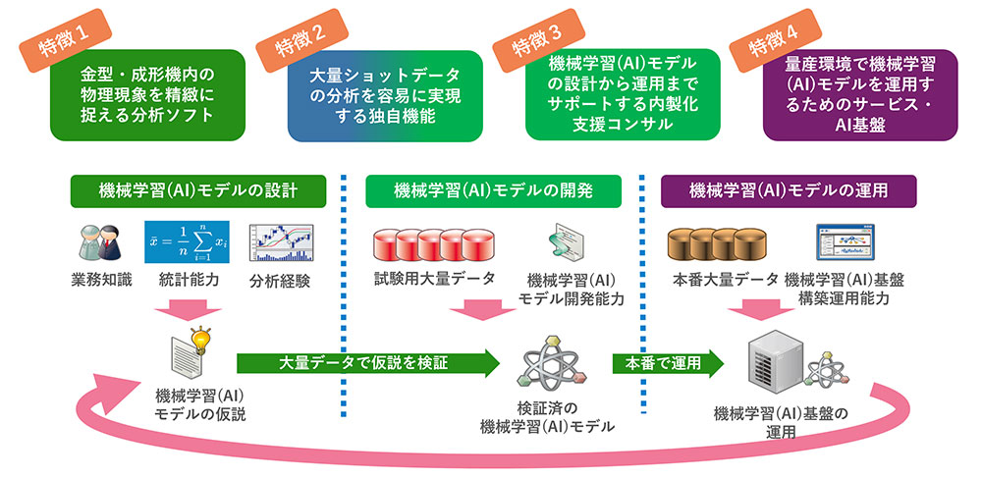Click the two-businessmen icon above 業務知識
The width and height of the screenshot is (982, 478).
coord(98,241)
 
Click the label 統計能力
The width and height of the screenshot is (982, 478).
coord(189,281)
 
